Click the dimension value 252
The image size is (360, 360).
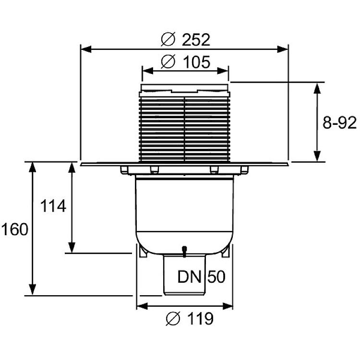pyautogui.click(x=196, y=40)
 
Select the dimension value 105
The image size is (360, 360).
pyautogui.click(x=197, y=62)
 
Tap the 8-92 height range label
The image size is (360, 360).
pyautogui.click(x=339, y=122)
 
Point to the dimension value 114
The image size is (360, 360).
pyautogui.click(x=53, y=206)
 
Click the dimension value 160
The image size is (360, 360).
pyautogui.click(x=15, y=229)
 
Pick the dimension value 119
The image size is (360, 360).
pyautogui.click(x=201, y=318)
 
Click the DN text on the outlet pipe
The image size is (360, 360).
pyautogui.click(x=190, y=276)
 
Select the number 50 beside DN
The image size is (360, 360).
pyautogui.click(x=216, y=276)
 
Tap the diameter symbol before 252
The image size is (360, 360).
pyautogui.click(x=168, y=39)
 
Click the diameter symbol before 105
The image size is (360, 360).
pyautogui.click(x=168, y=61)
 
